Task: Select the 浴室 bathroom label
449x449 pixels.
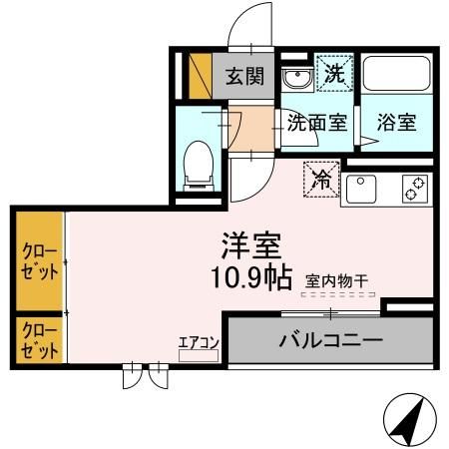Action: coord(397,123)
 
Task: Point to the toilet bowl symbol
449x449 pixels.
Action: coord(198,164)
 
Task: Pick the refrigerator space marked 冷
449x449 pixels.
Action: coord(321,180)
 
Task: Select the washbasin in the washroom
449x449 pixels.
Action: coord(296,78)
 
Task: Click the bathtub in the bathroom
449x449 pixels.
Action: coord(396,74)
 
